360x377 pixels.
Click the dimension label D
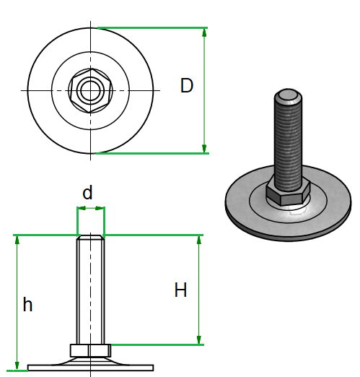pyautogui.click(x=187, y=85)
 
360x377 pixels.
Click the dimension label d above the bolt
pyautogui.click(x=87, y=192)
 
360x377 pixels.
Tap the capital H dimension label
pyautogui.click(x=180, y=290)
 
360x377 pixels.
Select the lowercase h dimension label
pyautogui.click(x=27, y=304)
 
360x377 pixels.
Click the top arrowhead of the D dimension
pyautogui.click(x=204, y=32)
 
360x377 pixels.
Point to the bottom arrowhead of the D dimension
pyautogui.click(x=204, y=148)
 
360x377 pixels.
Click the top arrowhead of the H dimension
pyautogui.click(x=199, y=240)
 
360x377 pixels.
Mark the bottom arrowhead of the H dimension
pyautogui.click(x=199, y=339)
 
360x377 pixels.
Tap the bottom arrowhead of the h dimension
pyautogui.click(x=17, y=365)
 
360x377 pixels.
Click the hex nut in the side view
pyautogui.click(x=91, y=350)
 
